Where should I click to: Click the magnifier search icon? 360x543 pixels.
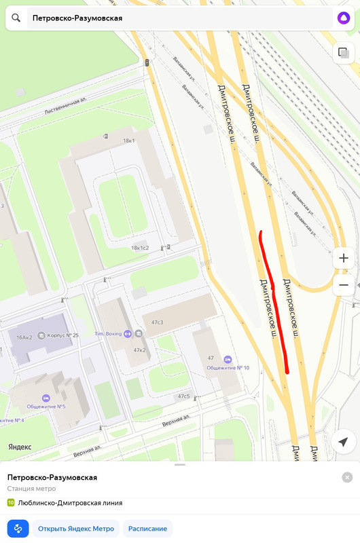tap(16, 18)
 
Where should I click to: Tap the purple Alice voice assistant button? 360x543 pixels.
tap(343, 18)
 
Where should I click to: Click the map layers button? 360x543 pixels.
tap(343, 53)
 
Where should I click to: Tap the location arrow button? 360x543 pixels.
tap(343, 442)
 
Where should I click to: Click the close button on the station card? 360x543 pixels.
tap(347, 477)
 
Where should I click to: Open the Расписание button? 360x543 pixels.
tap(147, 529)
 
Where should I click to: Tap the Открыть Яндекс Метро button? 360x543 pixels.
tap(76, 529)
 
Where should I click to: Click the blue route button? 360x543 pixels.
tap(18, 529)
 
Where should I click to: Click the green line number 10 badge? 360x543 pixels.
tap(11, 503)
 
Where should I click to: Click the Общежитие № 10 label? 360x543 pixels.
tap(228, 368)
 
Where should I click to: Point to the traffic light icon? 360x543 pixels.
tap(146, 62)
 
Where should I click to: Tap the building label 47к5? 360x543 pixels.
tap(183, 396)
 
